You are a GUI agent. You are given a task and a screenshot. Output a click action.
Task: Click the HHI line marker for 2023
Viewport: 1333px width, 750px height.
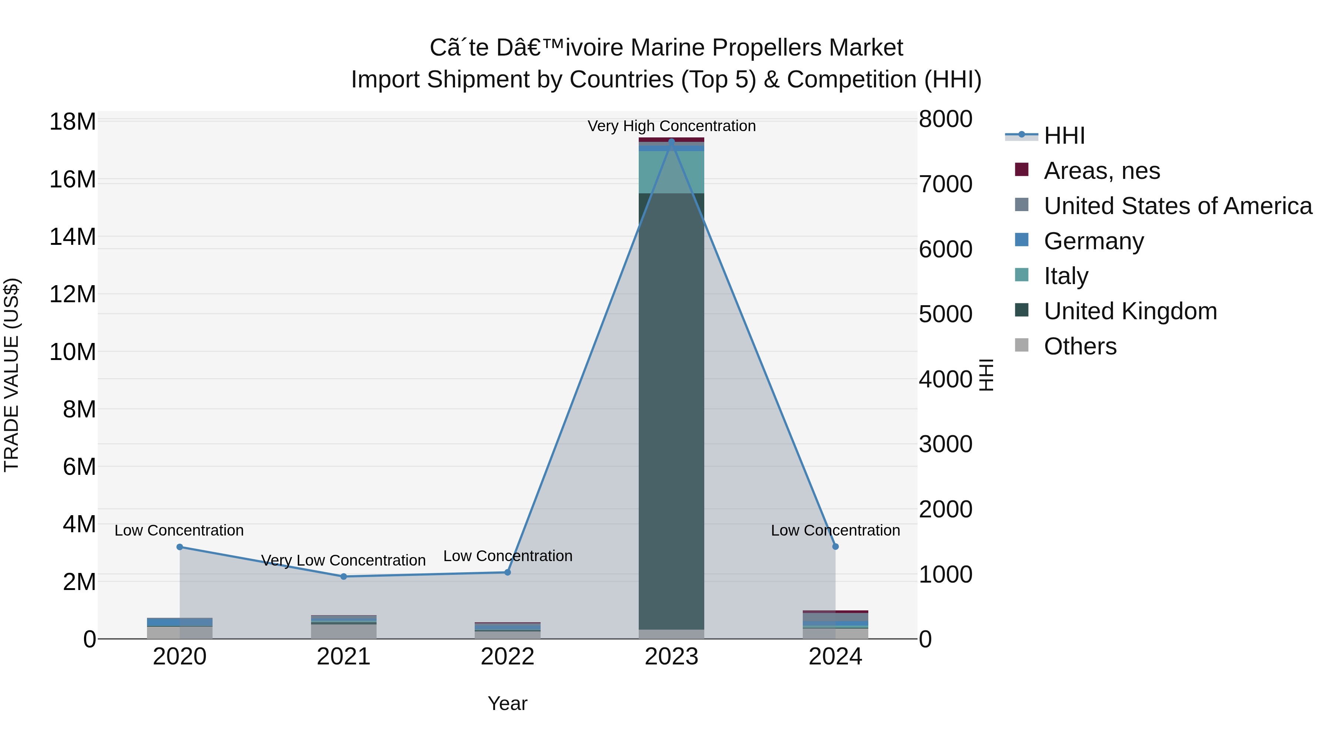pos(671,141)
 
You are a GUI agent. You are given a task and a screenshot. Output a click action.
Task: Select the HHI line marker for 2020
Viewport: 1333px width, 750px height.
pos(180,547)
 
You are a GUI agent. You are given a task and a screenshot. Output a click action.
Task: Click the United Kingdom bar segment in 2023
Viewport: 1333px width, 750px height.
pos(671,414)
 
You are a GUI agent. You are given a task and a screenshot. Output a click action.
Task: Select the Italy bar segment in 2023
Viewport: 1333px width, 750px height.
pos(671,172)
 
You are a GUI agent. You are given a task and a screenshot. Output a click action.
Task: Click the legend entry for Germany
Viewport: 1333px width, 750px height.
pos(1093,241)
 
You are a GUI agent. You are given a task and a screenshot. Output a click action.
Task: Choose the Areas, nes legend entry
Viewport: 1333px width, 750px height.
pos(1102,171)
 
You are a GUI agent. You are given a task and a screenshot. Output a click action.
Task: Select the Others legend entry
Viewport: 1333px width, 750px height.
pos(1080,346)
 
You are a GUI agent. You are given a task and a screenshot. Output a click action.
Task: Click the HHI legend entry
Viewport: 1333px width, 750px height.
pos(1064,136)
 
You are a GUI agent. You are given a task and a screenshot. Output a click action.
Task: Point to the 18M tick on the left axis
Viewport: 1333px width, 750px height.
pos(73,122)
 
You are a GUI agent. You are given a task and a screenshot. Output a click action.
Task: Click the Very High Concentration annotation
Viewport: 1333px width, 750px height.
pos(671,126)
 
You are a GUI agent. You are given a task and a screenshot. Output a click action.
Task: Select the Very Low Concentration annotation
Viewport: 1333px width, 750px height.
pos(344,561)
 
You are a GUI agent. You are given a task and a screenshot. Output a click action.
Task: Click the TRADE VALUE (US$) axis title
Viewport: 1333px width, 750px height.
pos(11,375)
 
